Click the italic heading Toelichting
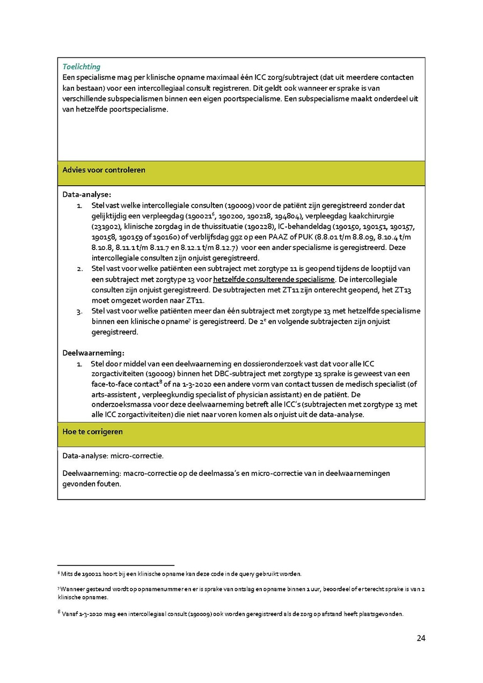[x=81, y=67]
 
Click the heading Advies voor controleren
[x=104, y=170]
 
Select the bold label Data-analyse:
[x=86, y=195]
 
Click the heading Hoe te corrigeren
[x=92, y=431]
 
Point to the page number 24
[x=421, y=638]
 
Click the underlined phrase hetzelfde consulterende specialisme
[x=274, y=280]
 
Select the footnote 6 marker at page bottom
[x=58, y=573]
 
